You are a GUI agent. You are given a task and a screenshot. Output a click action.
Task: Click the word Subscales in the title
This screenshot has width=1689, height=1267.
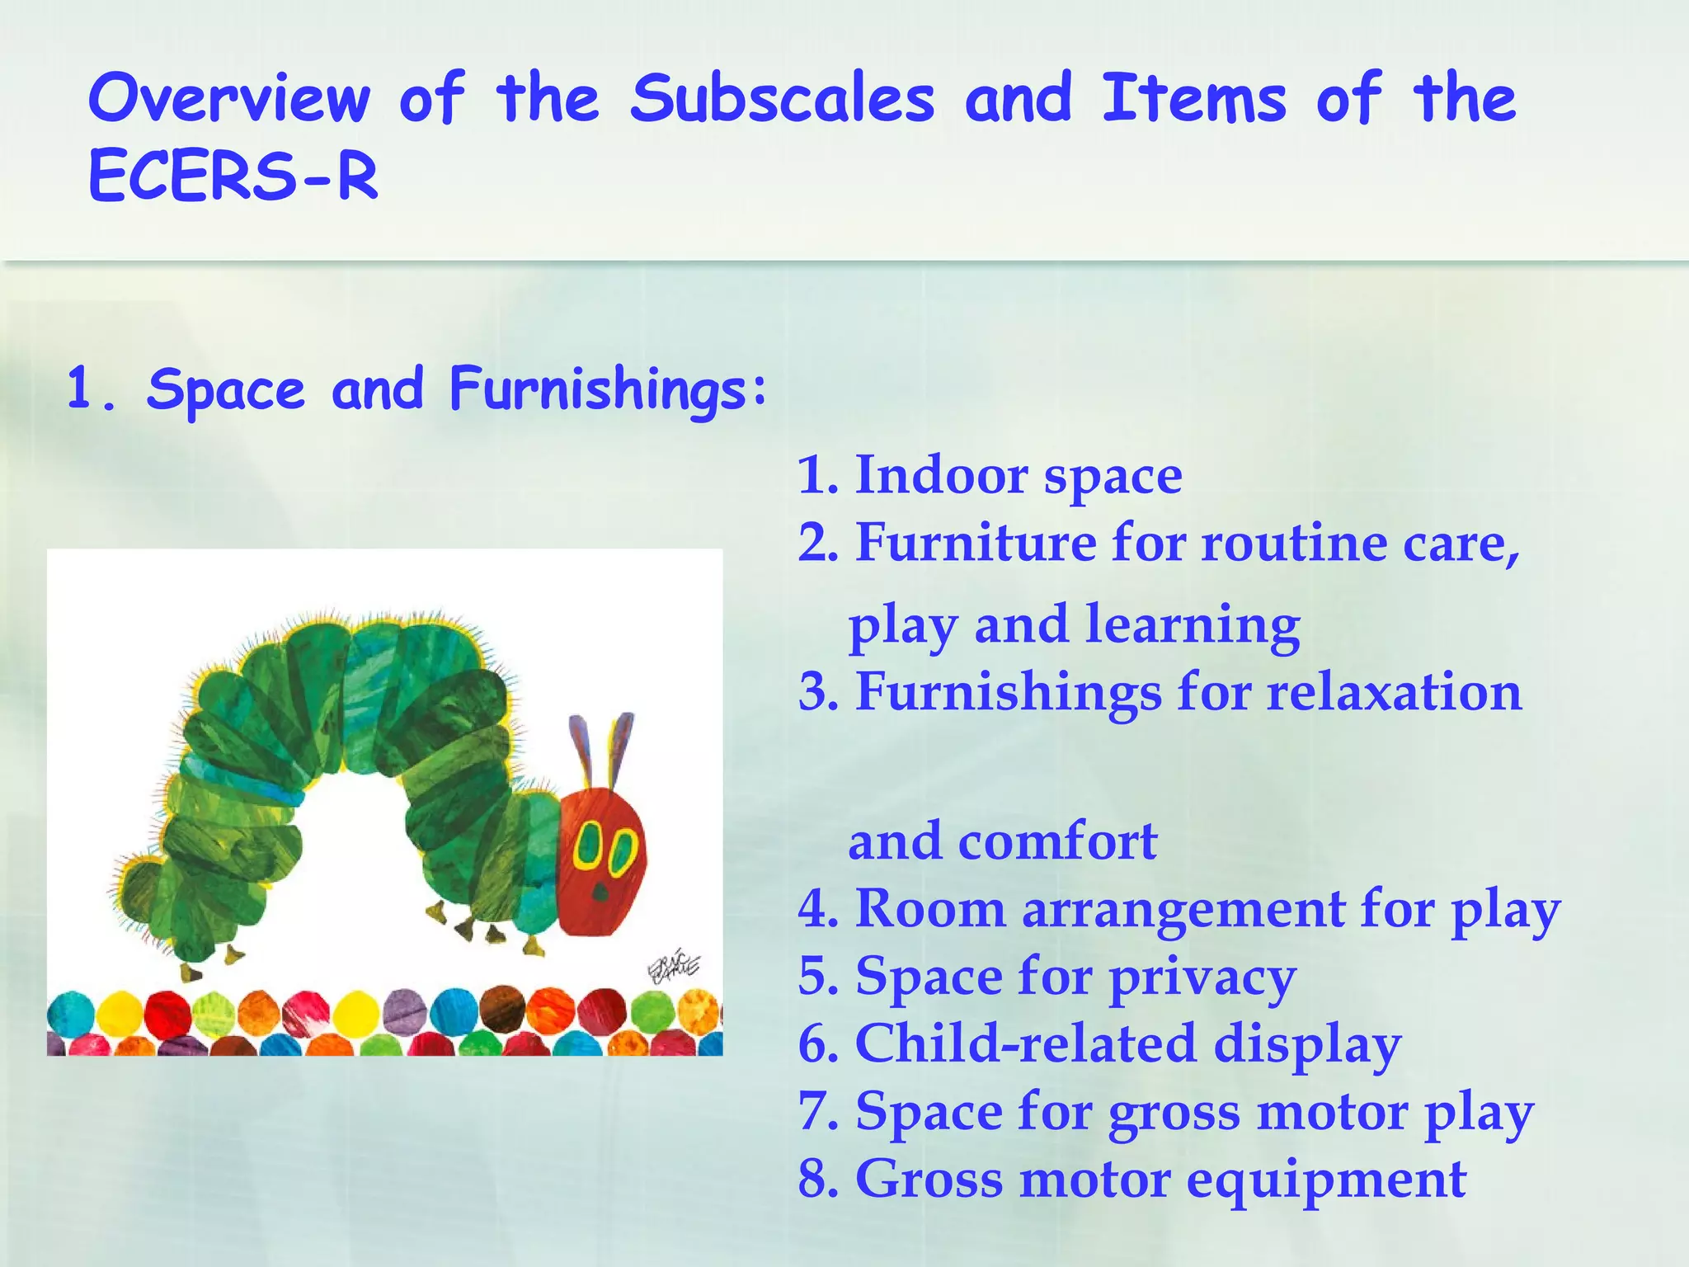(782, 99)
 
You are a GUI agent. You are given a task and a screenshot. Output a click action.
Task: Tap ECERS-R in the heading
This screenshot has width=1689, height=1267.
(233, 176)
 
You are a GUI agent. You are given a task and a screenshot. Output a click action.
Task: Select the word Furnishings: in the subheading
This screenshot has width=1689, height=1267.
(608, 389)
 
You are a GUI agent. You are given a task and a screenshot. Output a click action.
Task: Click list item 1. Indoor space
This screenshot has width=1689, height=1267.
(990, 476)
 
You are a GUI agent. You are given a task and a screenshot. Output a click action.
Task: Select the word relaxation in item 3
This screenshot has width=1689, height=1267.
(1394, 691)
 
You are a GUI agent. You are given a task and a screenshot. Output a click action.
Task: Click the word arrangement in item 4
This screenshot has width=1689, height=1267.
(1183, 910)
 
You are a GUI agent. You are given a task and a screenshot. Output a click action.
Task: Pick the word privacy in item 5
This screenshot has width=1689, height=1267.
(1202, 978)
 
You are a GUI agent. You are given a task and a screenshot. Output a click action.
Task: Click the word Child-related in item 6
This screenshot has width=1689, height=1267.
(1026, 1043)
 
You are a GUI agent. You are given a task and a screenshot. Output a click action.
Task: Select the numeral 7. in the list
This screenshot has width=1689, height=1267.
(817, 1111)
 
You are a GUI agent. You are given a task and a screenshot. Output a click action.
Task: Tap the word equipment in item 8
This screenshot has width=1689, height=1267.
(1325, 1179)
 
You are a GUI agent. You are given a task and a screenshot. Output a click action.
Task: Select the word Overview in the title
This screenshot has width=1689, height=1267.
(229, 99)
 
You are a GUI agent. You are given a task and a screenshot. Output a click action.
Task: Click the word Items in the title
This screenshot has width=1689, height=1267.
(1193, 99)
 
